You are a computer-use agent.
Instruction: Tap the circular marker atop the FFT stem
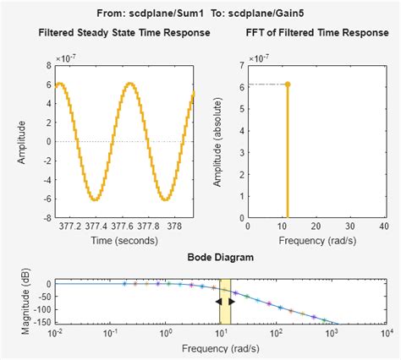click(x=288, y=84)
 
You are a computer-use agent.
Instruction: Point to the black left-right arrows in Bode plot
click(x=225, y=302)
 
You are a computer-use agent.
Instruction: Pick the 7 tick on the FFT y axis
click(x=242, y=65)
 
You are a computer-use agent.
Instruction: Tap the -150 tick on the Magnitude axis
click(x=42, y=322)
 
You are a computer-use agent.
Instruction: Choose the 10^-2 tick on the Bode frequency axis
click(x=57, y=333)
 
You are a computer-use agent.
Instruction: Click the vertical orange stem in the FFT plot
click(x=288, y=152)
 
